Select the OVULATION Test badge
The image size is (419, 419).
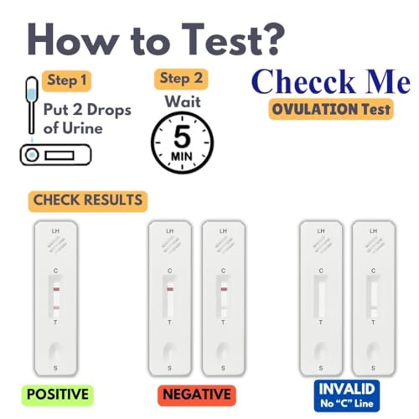click(331, 110)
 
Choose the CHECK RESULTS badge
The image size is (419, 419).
click(87, 201)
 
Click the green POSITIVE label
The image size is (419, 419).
click(57, 394)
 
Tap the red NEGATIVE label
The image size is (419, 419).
click(196, 394)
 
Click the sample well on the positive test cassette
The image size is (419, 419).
click(55, 350)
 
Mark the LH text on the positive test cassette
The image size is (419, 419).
click(55, 230)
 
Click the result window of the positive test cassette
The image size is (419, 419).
click(55, 297)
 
